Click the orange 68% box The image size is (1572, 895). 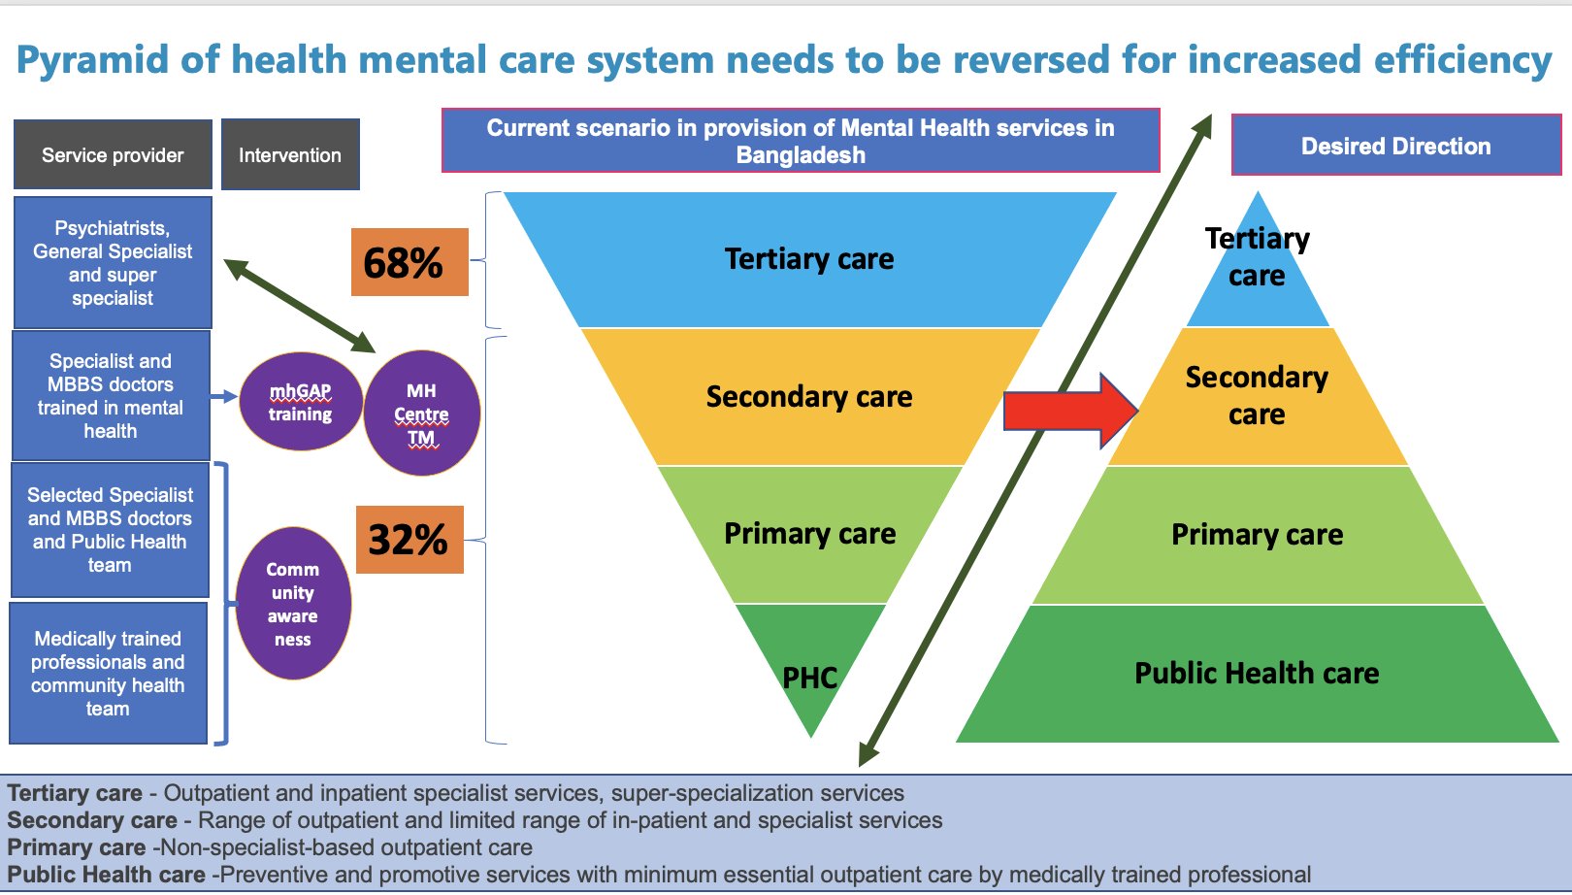click(x=409, y=262)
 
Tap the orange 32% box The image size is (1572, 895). click(x=409, y=540)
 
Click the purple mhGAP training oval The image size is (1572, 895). click(x=301, y=402)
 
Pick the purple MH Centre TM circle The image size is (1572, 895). click(x=421, y=414)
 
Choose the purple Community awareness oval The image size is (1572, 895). click(x=293, y=603)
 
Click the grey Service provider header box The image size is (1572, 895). click(x=113, y=154)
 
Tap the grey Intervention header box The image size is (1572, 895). click(x=290, y=154)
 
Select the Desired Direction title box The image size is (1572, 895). click(x=1395, y=146)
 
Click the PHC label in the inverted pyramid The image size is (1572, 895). click(x=809, y=678)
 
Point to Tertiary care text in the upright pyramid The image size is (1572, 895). click(x=1257, y=256)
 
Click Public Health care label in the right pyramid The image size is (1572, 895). click(x=1257, y=673)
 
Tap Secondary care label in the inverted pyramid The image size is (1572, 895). click(x=809, y=397)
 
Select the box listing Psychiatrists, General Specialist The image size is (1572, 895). click(x=113, y=262)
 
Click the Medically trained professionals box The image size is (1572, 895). click(x=108, y=673)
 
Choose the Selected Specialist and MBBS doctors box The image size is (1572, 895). click(x=110, y=530)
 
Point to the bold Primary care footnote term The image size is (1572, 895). click(x=76, y=847)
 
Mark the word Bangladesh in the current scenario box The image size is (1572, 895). click(x=801, y=155)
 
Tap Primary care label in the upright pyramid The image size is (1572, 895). click(x=1257, y=535)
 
